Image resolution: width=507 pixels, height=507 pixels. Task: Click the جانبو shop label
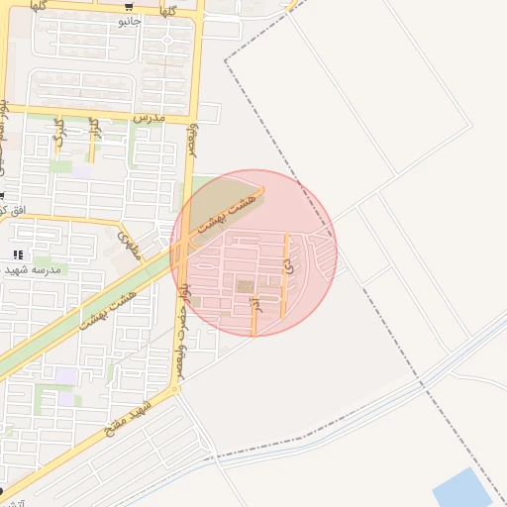pos(130,21)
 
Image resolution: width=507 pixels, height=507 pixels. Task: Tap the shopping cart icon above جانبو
pos(129,7)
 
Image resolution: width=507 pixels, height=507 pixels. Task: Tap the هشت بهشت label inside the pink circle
pos(228,211)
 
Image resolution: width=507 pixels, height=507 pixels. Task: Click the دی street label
pos(286,265)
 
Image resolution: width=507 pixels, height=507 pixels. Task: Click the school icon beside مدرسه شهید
pos(18,255)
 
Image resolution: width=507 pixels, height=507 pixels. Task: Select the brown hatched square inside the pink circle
pos(244,286)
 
